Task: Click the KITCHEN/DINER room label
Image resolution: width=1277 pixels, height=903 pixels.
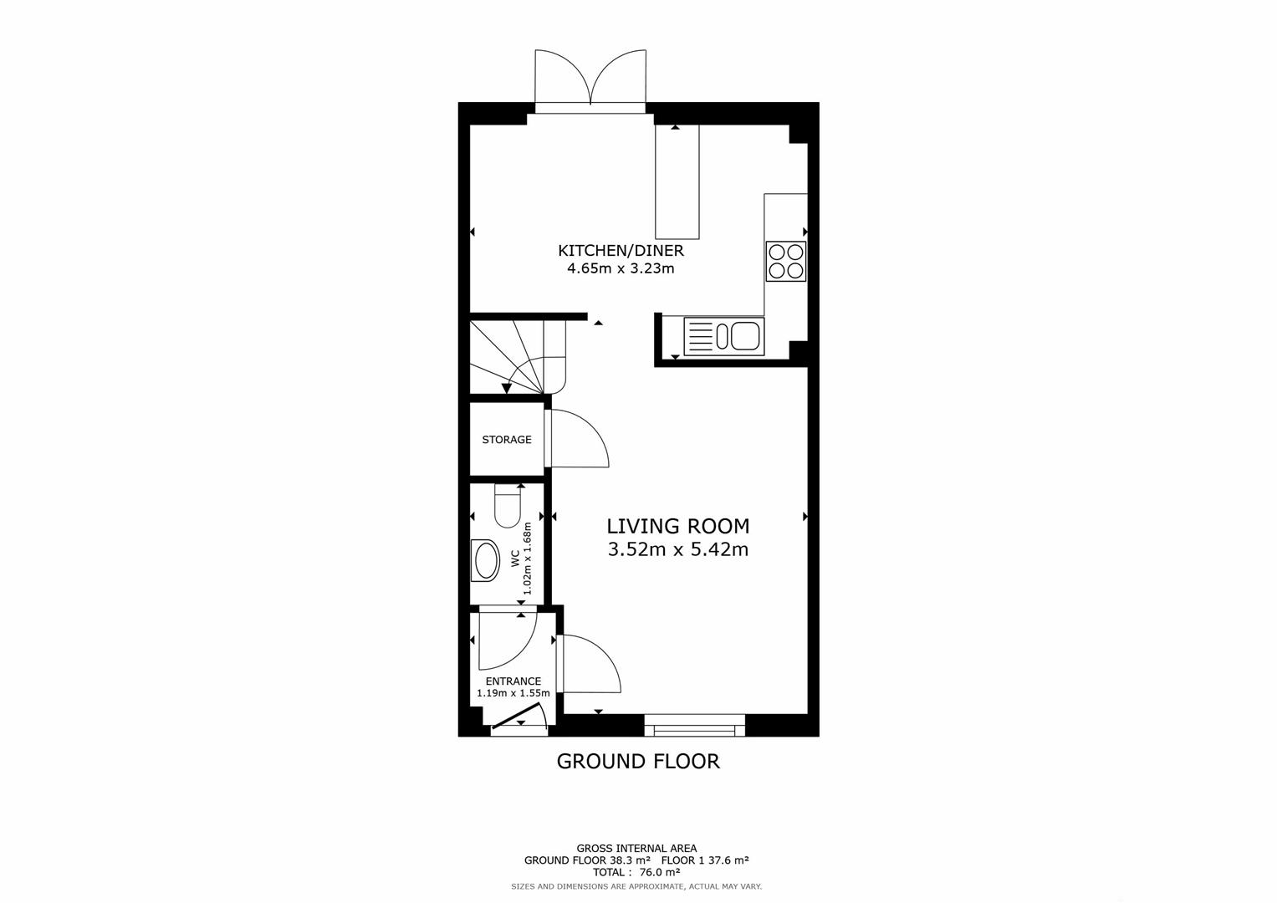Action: coord(621,251)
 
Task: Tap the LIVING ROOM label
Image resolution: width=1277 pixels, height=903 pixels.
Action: coord(677,526)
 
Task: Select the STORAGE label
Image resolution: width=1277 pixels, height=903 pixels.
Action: coord(506,440)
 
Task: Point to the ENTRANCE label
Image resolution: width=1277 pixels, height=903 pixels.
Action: coord(513,681)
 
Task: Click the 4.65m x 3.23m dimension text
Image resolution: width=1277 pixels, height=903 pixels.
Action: coord(621,269)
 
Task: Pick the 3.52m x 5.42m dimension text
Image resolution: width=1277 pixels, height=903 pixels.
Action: coord(677,550)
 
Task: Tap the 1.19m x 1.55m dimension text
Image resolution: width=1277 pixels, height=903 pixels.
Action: coord(513,693)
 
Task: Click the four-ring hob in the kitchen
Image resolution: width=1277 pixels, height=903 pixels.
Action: coord(785,261)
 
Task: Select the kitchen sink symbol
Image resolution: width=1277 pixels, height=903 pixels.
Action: coord(723,336)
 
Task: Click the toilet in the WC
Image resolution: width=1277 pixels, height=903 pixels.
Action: coord(508,507)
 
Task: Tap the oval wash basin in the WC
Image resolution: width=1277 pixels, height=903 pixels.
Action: coord(485,560)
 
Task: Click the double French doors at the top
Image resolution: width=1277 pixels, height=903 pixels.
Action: coord(590,79)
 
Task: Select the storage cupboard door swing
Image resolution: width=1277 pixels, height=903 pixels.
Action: coord(577,438)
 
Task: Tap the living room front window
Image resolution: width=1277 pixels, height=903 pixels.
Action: coord(694,726)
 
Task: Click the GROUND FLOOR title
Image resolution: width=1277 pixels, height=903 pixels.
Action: coord(638,762)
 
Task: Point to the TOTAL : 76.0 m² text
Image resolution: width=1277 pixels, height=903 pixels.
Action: coord(636,872)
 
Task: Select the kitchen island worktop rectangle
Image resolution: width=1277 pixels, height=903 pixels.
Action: coord(677,181)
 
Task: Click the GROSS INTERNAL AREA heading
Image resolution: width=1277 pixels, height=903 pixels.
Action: coord(636,849)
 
